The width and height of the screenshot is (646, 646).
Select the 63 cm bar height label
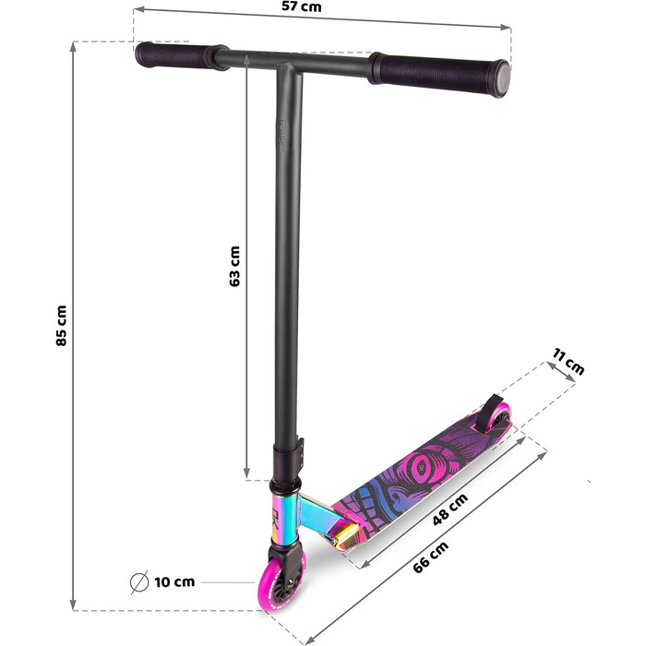pyautogui.click(x=234, y=266)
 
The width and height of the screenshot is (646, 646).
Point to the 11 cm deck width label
pyautogui.click(x=568, y=362)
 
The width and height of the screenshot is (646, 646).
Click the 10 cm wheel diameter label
pyautogui.click(x=175, y=582)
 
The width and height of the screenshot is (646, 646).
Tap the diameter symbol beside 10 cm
pyautogui.click(x=139, y=582)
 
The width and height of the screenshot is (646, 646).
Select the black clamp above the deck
pyautogui.click(x=287, y=458)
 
